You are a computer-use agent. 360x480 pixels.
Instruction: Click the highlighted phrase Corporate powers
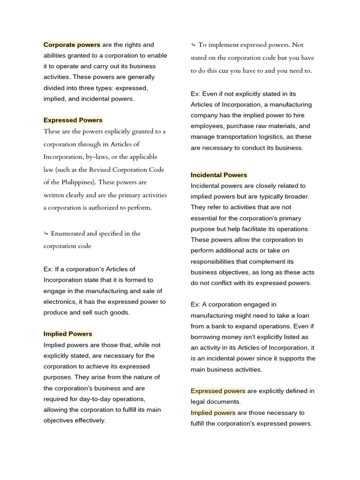pos(72,45)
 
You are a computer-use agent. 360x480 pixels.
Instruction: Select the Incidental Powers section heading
pos(218,175)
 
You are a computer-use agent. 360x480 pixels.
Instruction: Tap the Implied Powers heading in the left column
pos(67,334)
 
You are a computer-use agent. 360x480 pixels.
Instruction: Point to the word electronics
pos(60,302)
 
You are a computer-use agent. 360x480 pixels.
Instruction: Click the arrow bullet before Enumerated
pos(46,233)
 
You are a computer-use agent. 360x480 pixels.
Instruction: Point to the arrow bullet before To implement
pos(193,45)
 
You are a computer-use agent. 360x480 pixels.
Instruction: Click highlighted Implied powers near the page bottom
pos(213,413)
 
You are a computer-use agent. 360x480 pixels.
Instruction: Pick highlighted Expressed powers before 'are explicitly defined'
pos(218,391)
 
